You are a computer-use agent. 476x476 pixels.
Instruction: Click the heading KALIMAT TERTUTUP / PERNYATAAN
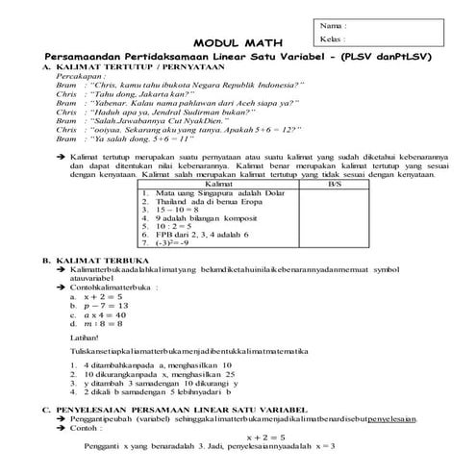(125, 66)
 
